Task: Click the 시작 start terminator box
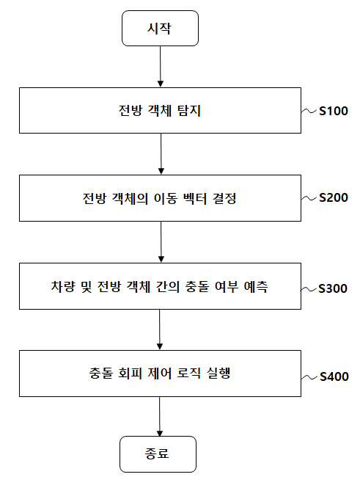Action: click(160, 29)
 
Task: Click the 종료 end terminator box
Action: click(158, 454)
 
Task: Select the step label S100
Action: click(334, 111)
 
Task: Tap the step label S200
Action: click(334, 197)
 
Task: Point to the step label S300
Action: click(333, 288)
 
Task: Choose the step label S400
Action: click(334, 376)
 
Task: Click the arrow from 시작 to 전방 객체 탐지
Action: click(161, 67)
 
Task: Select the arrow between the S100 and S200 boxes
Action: click(161, 154)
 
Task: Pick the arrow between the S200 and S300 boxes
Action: click(161, 242)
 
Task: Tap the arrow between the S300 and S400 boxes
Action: click(160, 329)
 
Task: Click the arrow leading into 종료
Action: click(160, 416)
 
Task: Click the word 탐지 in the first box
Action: click(189, 111)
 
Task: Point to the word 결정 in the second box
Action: click(224, 198)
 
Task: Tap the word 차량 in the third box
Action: click(63, 286)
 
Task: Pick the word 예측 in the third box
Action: click(256, 286)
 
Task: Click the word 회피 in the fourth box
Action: click(131, 374)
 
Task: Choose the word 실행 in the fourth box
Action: click(219, 374)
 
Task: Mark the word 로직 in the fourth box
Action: click(189, 374)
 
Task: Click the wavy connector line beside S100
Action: click(309, 111)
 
